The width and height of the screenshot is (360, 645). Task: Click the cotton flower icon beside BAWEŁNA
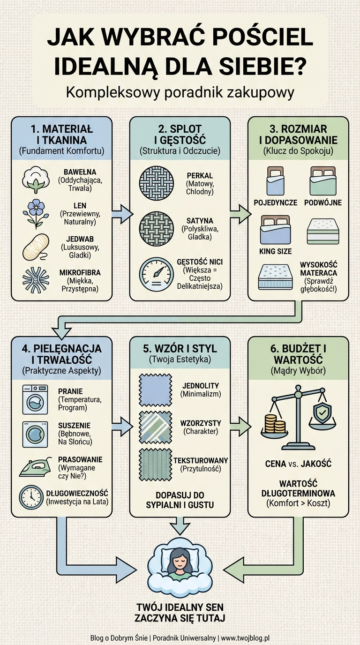click(x=36, y=180)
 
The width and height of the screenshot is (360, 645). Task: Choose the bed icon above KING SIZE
click(x=275, y=230)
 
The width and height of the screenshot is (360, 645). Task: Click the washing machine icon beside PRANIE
click(x=35, y=399)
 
